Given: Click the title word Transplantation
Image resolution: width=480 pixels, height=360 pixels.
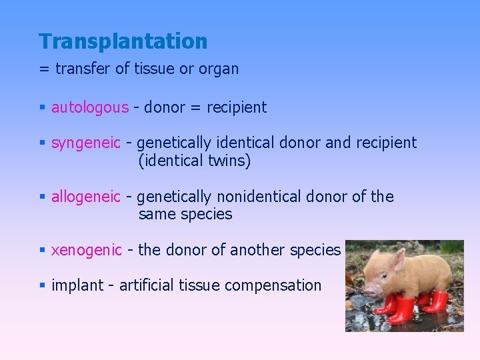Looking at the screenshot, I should click(x=123, y=41).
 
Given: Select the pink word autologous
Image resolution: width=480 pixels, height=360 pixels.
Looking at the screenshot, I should click(x=90, y=107).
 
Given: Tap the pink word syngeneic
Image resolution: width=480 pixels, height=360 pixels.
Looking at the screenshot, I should click(x=86, y=143).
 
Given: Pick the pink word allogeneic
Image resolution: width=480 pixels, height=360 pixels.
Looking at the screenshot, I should click(x=86, y=197).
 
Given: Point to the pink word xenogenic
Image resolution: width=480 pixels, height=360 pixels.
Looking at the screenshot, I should click(x=87, y=250).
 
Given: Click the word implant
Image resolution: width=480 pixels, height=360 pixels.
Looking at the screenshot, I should click(x=77, y=285).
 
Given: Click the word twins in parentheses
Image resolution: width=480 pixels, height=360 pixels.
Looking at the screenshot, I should click(x=225, y=161).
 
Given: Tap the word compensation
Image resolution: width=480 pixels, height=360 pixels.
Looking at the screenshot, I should click(x=273, y=285).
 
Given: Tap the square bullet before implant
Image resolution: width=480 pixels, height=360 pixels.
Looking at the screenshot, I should click(x=42, y=286).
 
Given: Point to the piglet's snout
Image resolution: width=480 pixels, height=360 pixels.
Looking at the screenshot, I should click(x=366, y=288).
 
